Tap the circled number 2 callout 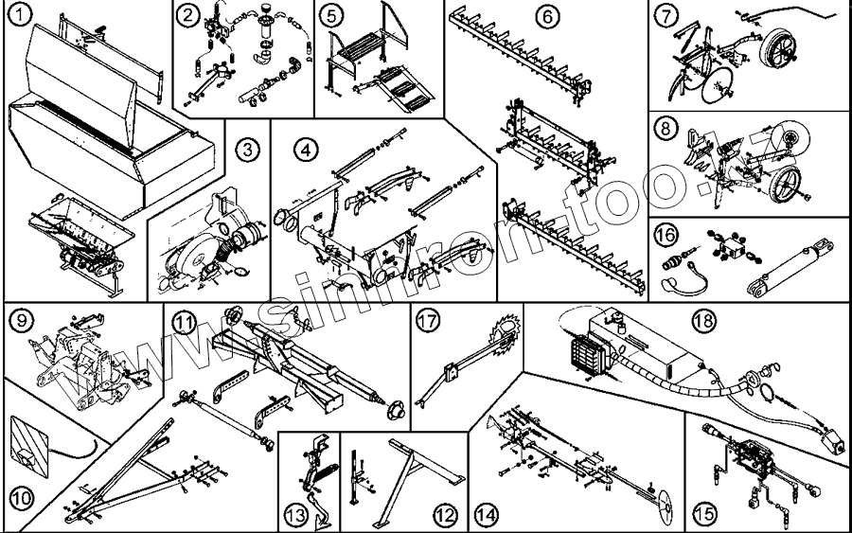190,15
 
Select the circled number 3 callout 246,149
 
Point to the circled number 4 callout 303,149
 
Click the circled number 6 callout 547,16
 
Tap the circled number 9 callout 19,321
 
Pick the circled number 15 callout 702,516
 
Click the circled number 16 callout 666,234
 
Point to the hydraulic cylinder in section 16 790,268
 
